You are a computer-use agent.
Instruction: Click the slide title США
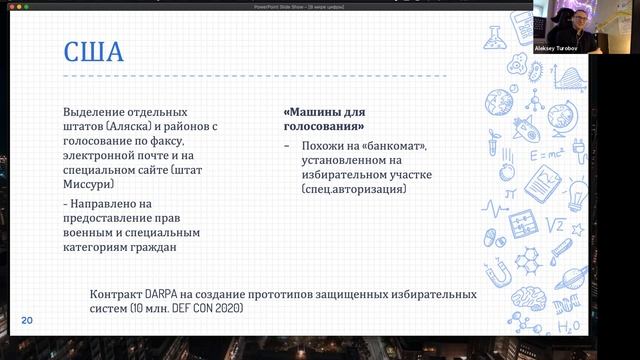coord(94,51)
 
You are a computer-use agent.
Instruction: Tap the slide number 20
coord(27,320)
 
